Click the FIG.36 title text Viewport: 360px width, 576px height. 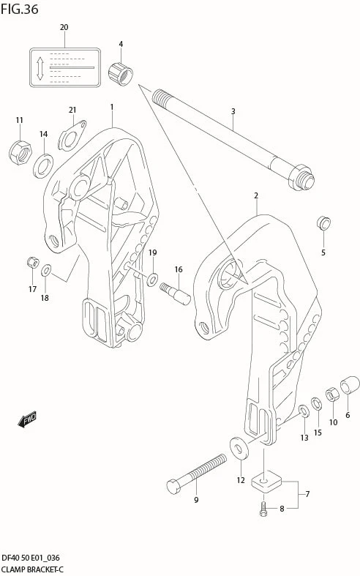(19, 9)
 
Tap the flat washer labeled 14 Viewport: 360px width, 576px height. (42, 166)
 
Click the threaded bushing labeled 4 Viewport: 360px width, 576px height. (120, 73)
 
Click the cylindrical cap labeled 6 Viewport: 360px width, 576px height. (350, 384)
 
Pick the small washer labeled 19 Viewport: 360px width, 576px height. (152, 278)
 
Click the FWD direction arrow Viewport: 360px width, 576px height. (27, 420)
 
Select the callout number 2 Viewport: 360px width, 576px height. (256, 195)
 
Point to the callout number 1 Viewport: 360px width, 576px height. (112, 107)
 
